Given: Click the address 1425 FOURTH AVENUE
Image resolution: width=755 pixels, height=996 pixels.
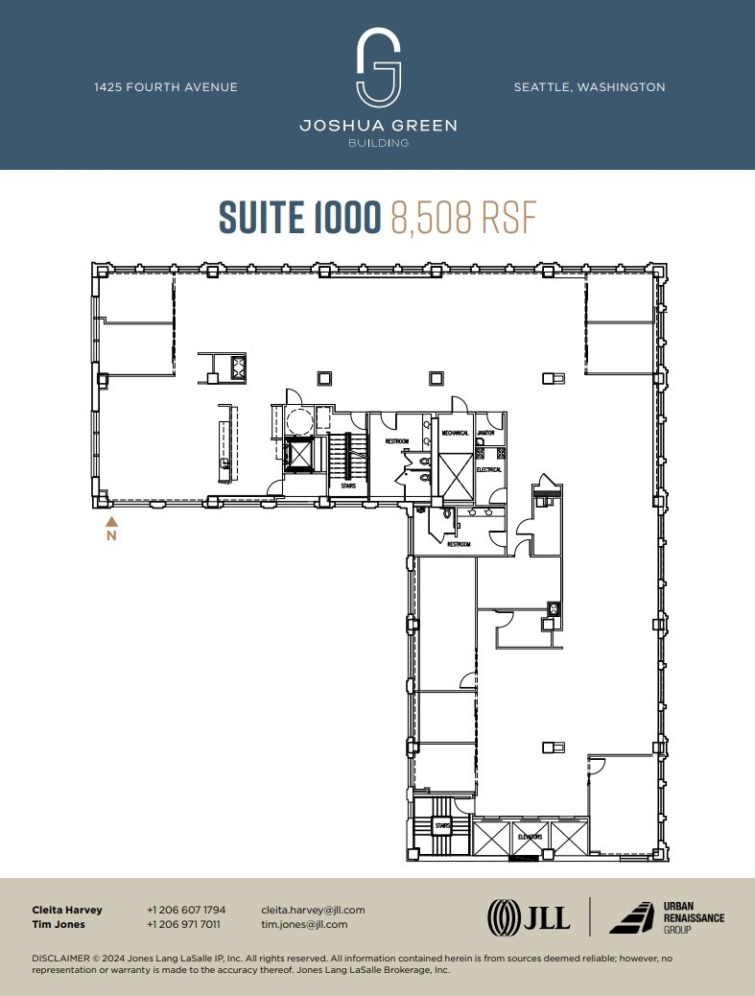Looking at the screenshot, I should pyautogui.click(x=166, y=87).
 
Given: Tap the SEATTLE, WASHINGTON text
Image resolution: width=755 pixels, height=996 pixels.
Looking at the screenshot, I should pyautogui.click(x=589, y=87).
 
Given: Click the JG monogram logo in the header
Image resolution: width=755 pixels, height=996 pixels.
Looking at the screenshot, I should pyautogui.click(x=378, y=67).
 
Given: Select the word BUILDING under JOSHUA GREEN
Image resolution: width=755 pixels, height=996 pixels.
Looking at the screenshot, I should pyautogui.click(x=378, y=143).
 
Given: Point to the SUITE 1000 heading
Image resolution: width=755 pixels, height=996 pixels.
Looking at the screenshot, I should pyautogui.click(x=300, y=218).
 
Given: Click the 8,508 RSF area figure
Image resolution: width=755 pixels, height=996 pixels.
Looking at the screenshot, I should pyautogui.click(x=462, y=218).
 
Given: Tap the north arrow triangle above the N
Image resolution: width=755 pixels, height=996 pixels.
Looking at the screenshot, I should pyautogui.click(x=111, y=522).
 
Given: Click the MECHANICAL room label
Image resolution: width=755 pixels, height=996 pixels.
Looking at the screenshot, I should pyautogui.click(x=455, y=433).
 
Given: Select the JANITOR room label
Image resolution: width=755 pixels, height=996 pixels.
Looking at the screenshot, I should pyautogui.click(x=486, y=433).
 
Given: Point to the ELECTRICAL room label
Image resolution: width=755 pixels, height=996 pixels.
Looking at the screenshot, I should pyautogui.click(x=489, y=469).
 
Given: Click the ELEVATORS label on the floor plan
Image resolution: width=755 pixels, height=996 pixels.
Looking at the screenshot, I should pyautogui.click(x=530, y=837).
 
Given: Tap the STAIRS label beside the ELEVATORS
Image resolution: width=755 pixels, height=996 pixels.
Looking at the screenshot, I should pyautogui.click(x=441, y=824).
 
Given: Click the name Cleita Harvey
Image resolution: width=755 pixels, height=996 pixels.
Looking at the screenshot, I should pyautogui.click(x=67, y=910).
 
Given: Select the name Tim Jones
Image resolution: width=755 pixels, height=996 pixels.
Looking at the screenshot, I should pyautogui.click(x=59, y=924).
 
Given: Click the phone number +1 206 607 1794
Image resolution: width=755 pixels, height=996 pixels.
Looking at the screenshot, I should pyautogui.click(x=186, y=910).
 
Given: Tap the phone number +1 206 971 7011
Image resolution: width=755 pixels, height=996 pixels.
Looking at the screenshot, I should pyautogui.click(x=184, y=924).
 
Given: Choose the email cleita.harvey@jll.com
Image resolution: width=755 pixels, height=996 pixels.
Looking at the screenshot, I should pyautogui.click(x=313, y=910).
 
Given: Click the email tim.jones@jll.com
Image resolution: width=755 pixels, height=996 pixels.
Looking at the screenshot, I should pyautogui.click(x=304, y=924).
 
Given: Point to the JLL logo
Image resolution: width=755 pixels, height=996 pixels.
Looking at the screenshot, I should pyautogui.click(x=529, y=916).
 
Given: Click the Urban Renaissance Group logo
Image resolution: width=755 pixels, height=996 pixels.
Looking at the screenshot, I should pyautogui.click(x=668, y=917).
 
